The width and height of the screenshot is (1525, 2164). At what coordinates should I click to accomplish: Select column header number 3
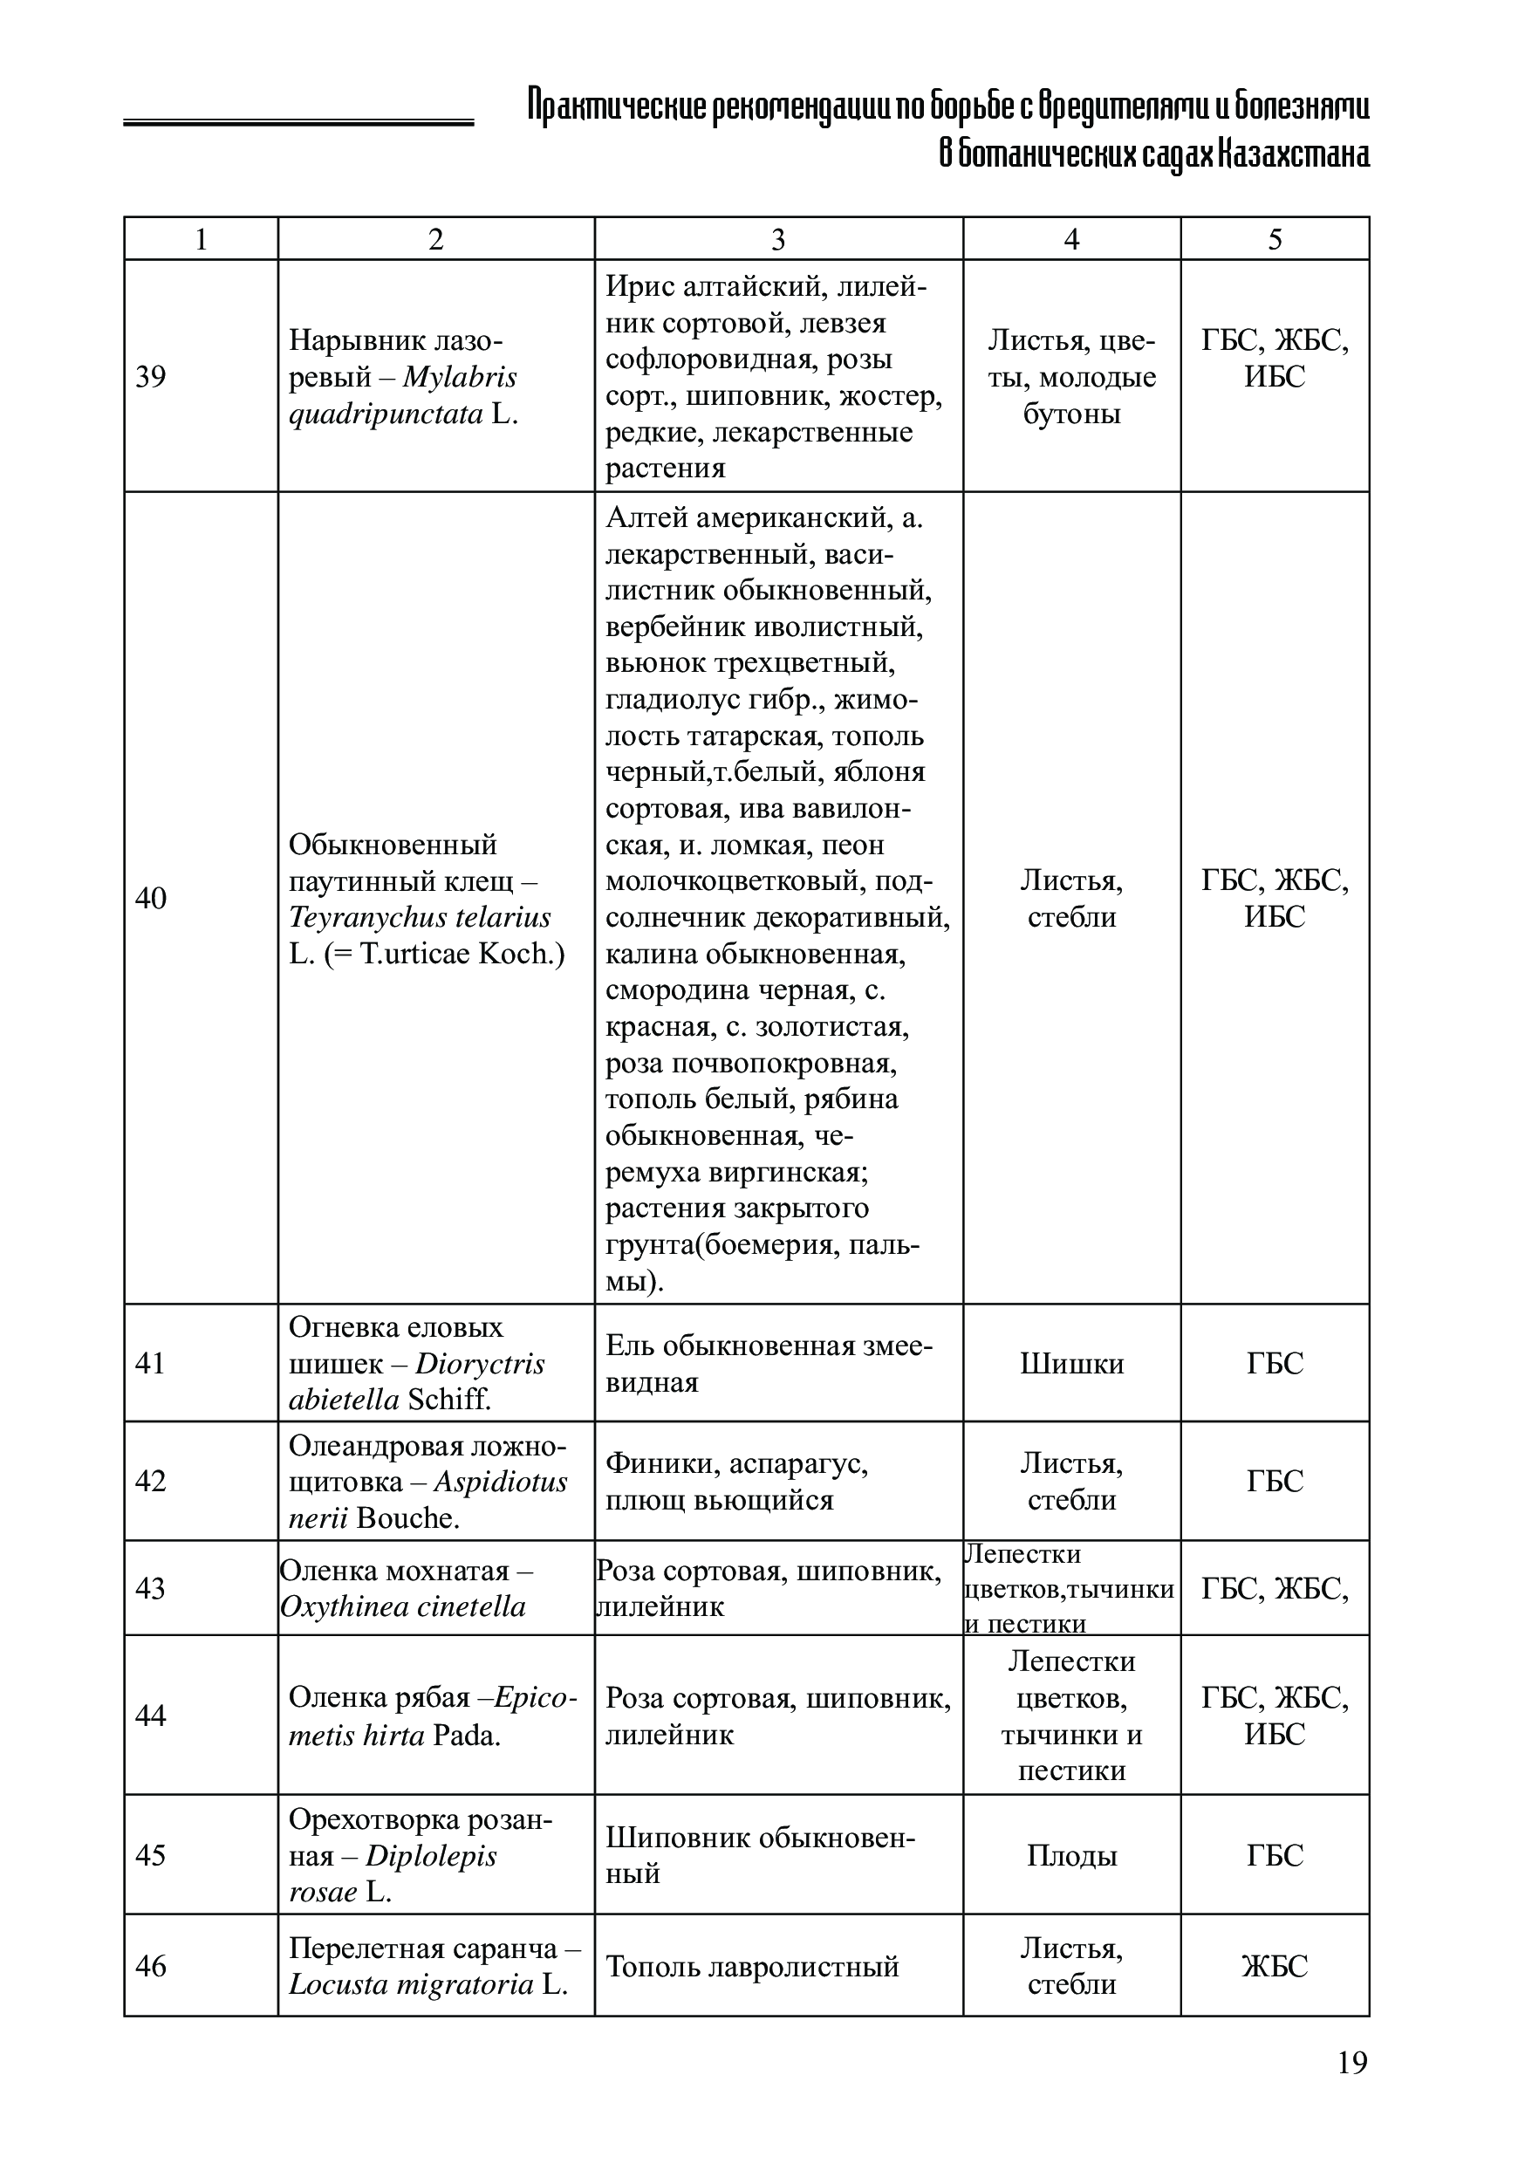[777, 239]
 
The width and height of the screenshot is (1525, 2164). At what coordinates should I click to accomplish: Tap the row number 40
[151, 898]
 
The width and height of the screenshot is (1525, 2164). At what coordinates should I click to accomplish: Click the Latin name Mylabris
[459, 377]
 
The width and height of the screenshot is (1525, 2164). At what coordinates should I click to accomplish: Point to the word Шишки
[1071, 1364]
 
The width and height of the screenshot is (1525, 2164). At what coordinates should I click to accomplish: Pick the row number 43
[151, 1588]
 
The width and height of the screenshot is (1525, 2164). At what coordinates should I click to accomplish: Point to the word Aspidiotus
[501, 1482]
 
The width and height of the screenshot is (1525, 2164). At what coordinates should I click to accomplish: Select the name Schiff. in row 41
[449, 1400]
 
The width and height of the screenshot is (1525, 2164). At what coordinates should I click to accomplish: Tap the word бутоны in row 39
[1071, 414]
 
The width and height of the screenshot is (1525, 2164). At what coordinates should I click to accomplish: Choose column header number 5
[1275, 239]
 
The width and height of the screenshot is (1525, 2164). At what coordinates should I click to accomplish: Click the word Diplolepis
[431, 1856]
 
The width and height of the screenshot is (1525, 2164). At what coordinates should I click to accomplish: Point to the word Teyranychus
[360, 917]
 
